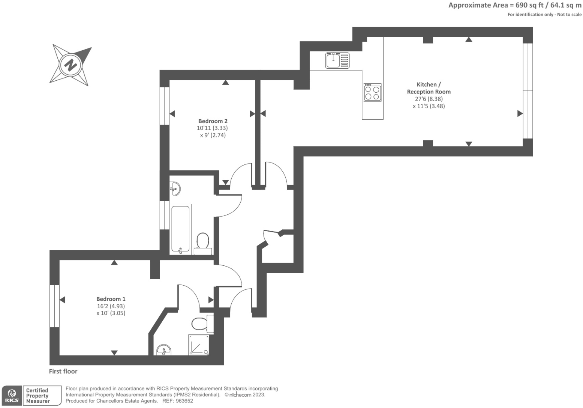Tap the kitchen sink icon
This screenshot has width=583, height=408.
click(x=337, y=60)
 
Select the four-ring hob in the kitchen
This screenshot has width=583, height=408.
click(x=372, y=92)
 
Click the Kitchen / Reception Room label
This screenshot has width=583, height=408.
click(x=429, y=88)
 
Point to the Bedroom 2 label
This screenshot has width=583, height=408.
click(x=213, y=121)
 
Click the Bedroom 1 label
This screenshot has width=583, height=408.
click(x=111, y=299)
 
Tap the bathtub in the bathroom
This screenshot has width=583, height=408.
click(x=181, y=228)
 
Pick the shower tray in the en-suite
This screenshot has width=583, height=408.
click(x=198, y=345)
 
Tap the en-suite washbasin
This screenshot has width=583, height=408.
click(x=164, y=350)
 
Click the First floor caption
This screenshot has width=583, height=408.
click(x=63, y=371)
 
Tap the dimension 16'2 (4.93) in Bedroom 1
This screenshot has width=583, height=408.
click(x=111, y=306)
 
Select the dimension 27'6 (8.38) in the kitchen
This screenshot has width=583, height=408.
click(x=429, y=99)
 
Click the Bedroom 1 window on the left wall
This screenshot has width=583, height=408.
click(x=54, y=306)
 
